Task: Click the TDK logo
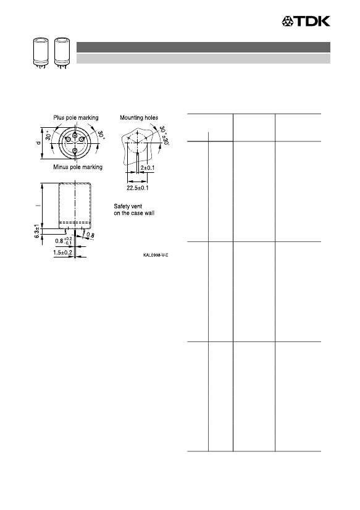pyautogui.click(x=306, y=21)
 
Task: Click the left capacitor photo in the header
pyautogui.click(x=41, y=52)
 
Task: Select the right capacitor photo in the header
pyautogui.click(x=62, y=52)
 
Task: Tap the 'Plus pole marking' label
pyautogui.click(x=76, y=118)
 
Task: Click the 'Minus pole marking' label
pyautogui.click(x=78, y=167)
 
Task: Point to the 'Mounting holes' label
pyautogui.click(x=139, y=118)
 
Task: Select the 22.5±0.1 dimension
pyautogui.click(x=138, y=188)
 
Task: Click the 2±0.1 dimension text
pyautogui.click(x=148, y=168)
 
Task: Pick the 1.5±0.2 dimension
pyautogui.click(x=63, y=253)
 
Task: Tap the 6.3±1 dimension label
pyautogui.click(x=38, y=231)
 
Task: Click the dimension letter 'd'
pyautogui.click(x=38, y=143)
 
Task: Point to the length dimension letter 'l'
pyautogui.click(x=38, y=206)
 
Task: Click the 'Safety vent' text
pyautogui.click(x=128, y=206)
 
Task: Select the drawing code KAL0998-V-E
pyautogui.click(x=156, y=255)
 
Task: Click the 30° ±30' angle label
pyautogui.click(x=164, y=135)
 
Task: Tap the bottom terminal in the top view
pyautogui.click(x=75, y=151)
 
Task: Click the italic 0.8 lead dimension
pyautogui.click(x=91, y=235)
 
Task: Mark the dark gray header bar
pyautogui.click(x=203, y=47)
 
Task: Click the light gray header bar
pyautogui.click(x=203, y=59)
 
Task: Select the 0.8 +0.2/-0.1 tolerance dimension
pyautogui.click(x=64, y=241)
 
